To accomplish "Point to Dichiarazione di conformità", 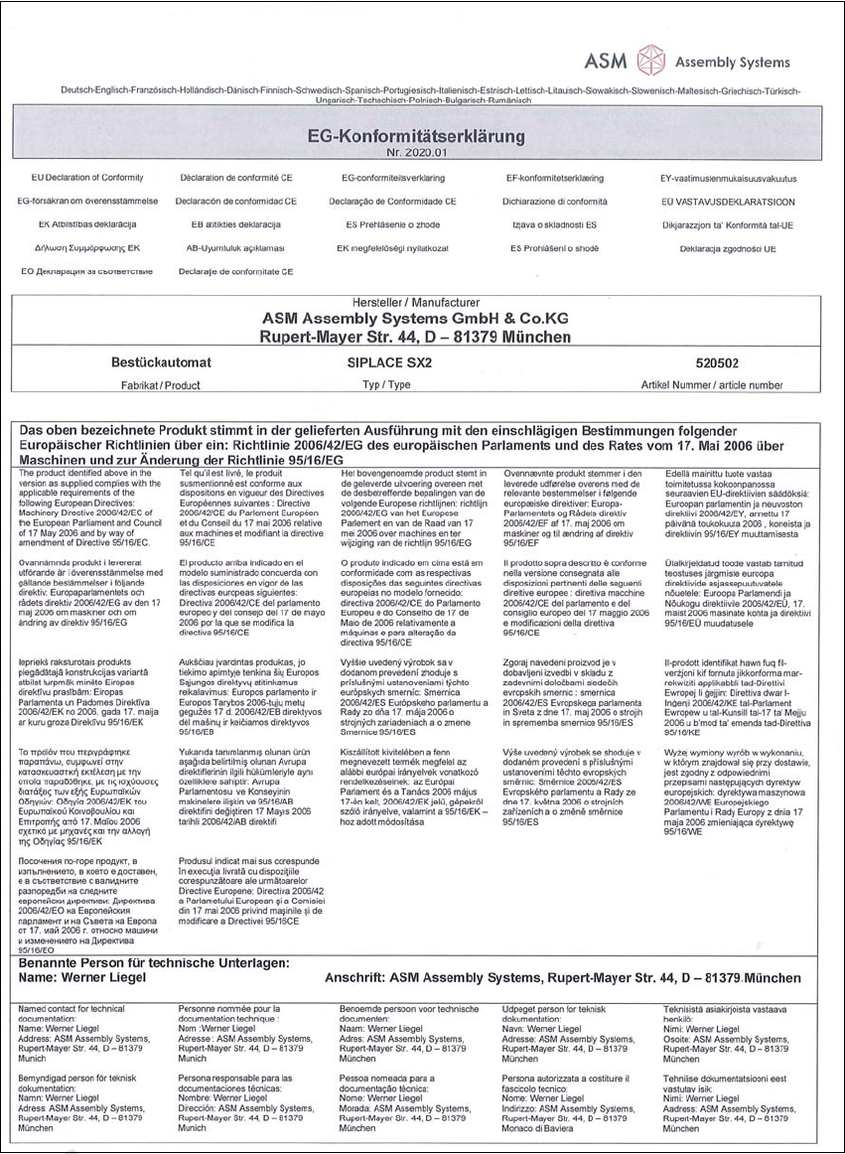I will (x=555, y=201).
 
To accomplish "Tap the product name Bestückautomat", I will (x=159, y=364).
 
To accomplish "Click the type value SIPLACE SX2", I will (x=386, y=364).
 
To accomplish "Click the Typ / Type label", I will (x=386, y=383).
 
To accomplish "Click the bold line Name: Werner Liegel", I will (x=83, y=978).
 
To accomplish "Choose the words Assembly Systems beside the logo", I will (x=731, y=62).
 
